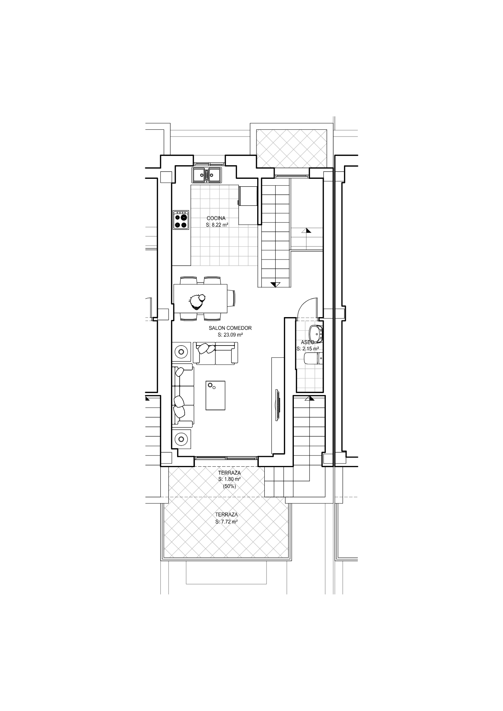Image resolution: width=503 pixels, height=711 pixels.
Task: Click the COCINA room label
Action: pos(216,218)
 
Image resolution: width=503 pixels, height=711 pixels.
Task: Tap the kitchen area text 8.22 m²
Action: pos(217,225)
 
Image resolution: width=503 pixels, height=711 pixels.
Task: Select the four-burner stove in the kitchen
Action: pos(181,220)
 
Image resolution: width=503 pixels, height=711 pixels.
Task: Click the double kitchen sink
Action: pos(207,175)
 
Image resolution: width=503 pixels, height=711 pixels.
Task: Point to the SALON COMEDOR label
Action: pos(230,328)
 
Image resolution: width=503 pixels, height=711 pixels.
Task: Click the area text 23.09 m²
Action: pos(230,335)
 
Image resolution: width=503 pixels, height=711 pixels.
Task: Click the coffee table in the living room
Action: pos(216,395)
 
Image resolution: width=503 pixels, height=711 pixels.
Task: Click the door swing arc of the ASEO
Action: pos(302,303)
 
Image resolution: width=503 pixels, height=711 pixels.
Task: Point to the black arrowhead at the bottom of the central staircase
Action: pos(275,284)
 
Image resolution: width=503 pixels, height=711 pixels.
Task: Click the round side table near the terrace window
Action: pos(181,439)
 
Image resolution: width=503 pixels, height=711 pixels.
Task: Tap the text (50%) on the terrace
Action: pos(229,486)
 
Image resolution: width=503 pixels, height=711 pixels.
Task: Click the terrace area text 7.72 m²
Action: pos(227,522)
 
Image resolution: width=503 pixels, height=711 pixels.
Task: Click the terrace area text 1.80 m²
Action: pos(229,479)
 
